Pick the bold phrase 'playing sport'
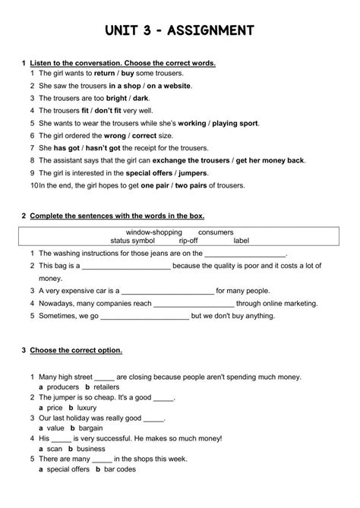pos(237,122)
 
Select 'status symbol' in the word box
pos(132,240)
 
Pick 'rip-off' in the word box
pos(188,240)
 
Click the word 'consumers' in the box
pos(216,231)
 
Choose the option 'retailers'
pos(106,387)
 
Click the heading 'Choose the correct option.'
pos(76,350)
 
